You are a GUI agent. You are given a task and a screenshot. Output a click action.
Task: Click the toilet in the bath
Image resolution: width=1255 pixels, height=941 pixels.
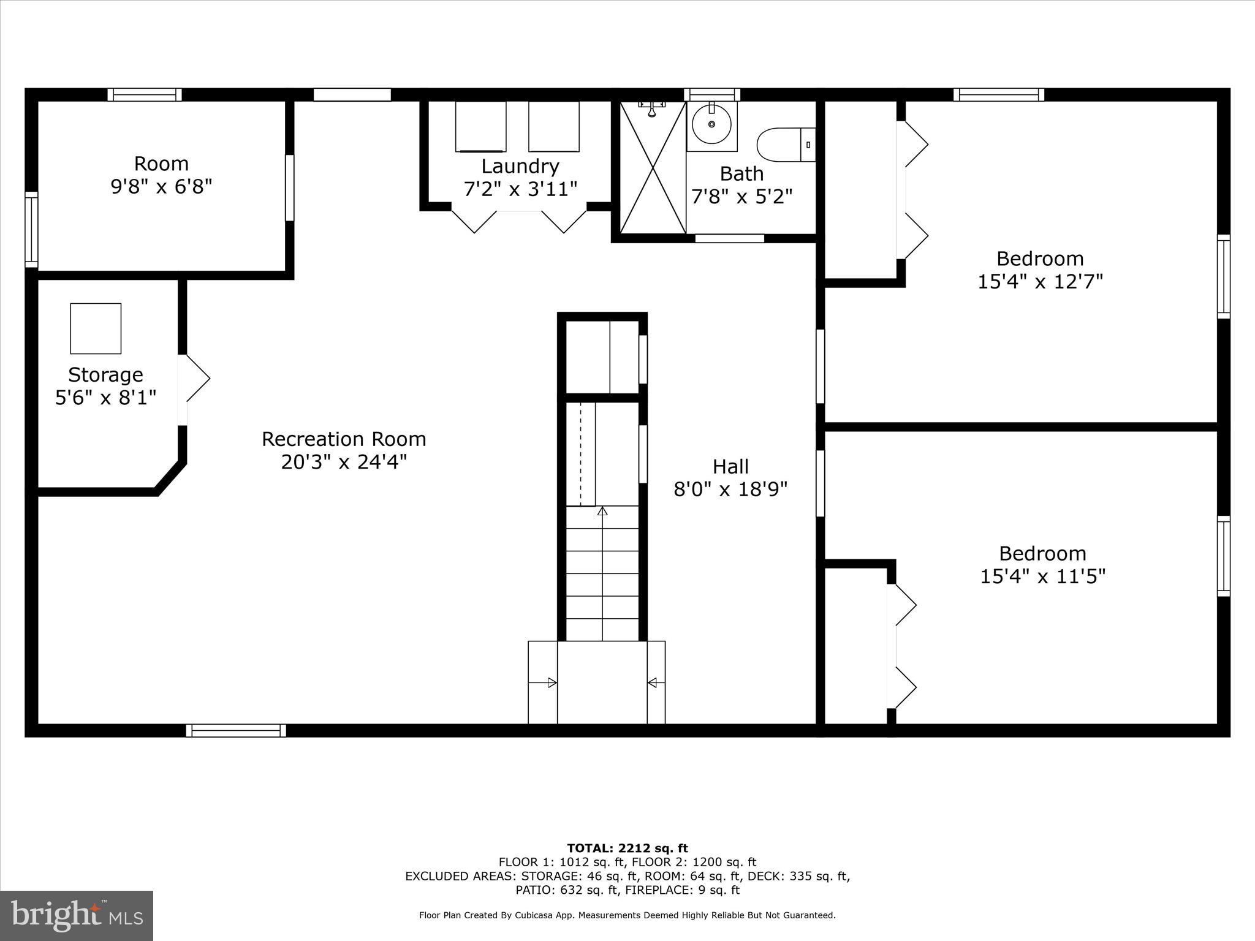click(x=786, y=145)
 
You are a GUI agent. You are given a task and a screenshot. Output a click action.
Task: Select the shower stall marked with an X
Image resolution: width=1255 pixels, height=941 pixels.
click(x=653, y=167)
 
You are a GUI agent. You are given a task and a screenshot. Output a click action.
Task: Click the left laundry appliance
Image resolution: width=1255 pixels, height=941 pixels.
click(x=480, y=127)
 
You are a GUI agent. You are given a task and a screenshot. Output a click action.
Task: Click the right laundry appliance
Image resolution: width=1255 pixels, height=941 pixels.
click(x=553, y=127)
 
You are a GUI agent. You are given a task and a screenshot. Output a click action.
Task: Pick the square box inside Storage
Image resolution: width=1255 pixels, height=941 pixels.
click(x=96, y=328)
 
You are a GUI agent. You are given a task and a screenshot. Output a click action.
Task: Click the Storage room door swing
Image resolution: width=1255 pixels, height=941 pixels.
click(x=196, y=379)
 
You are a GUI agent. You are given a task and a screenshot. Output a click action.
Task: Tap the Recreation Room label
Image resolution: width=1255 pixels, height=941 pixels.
click(x=344, y=439)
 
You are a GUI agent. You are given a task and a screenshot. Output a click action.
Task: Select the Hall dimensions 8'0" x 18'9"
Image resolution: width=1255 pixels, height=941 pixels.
click(x=730, y=489)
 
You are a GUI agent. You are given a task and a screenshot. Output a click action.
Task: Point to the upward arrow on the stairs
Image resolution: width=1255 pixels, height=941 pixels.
click(x=602, y=511)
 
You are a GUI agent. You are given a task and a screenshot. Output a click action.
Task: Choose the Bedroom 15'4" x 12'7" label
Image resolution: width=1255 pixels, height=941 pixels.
click(x=1040, y=259)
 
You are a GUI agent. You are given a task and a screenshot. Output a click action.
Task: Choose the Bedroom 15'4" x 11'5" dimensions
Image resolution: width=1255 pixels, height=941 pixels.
click(x=1042, y=576)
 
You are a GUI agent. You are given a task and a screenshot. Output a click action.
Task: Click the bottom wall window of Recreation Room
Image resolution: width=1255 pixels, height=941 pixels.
click(x=236, y=730)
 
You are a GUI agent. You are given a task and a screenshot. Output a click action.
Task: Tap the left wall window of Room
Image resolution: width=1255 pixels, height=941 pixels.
click(x=31, y=230)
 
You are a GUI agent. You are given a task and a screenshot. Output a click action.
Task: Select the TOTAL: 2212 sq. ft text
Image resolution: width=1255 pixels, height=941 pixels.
click(x=627, y=848)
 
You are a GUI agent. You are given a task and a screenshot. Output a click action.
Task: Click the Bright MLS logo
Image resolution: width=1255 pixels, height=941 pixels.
click(x=77, y=915)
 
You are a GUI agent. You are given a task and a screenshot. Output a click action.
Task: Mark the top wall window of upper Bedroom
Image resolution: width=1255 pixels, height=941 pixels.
click(x=998, y=94)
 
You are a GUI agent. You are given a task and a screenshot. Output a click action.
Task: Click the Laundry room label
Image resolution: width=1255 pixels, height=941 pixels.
click(x=520, y=167)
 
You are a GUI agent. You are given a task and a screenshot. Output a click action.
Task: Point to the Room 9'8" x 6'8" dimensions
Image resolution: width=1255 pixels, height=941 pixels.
click(x=161, y=186)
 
